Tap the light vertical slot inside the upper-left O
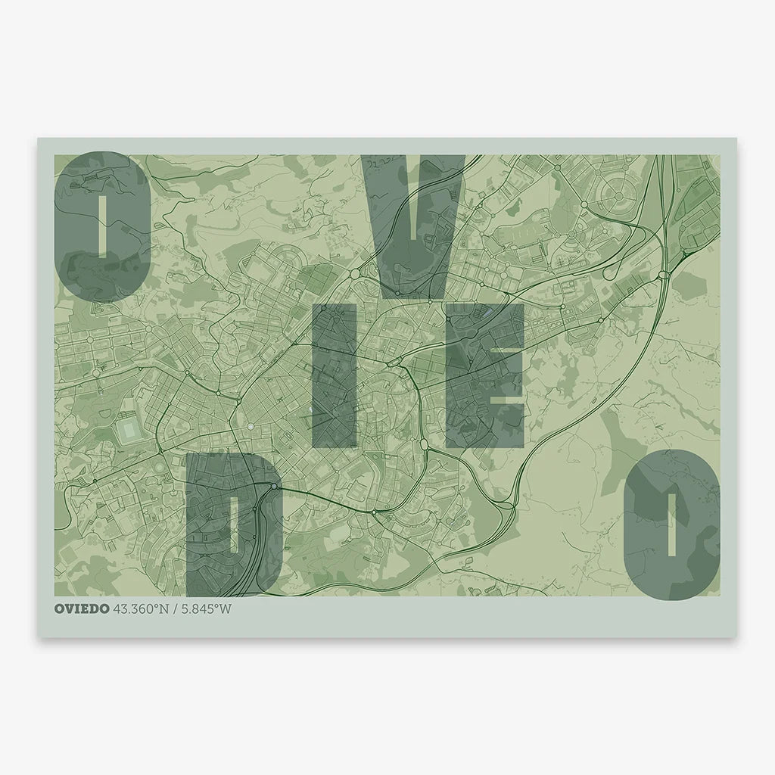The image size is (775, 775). [x=101, y=226]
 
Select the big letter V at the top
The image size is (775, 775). [x=415, y=219]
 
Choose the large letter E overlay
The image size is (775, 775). [x=484, y=376]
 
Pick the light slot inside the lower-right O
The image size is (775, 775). [x=671, y=524]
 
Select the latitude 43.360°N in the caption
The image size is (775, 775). [x=140, y=609]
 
